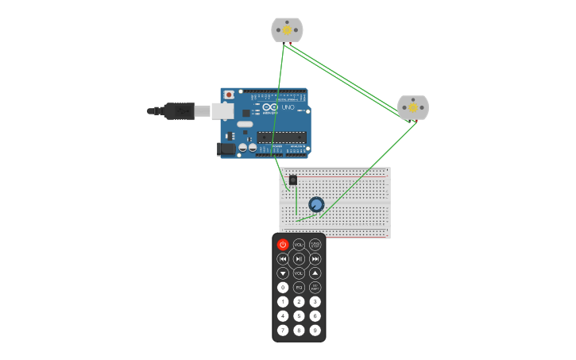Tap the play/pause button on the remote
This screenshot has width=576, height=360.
[x=299, y=259]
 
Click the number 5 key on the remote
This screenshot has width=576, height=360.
[x=299, y=315]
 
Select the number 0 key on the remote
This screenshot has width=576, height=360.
[x=283, y=288]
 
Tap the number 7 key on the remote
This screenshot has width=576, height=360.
[x=283, y=330]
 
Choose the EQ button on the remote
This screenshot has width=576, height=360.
[x=299, y=288]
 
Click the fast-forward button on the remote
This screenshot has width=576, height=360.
[x=315, y=259]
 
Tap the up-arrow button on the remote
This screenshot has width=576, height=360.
[x=315, y=273]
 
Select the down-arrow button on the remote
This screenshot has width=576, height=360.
[x=283, y=273]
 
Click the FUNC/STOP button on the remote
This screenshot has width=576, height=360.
[x=315, y=245]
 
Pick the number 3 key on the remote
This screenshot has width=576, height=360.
[x=315, y=301]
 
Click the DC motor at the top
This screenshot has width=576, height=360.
[x=287, y=30]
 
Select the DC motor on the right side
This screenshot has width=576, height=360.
[x=412, y=107]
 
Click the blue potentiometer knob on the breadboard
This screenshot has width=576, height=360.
[x=316, y=205]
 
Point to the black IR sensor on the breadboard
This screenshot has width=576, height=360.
[x=293, y=180]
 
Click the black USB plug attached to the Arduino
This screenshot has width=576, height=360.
[x=179, y=111]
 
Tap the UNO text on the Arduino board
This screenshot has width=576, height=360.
[x=288, y=107]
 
